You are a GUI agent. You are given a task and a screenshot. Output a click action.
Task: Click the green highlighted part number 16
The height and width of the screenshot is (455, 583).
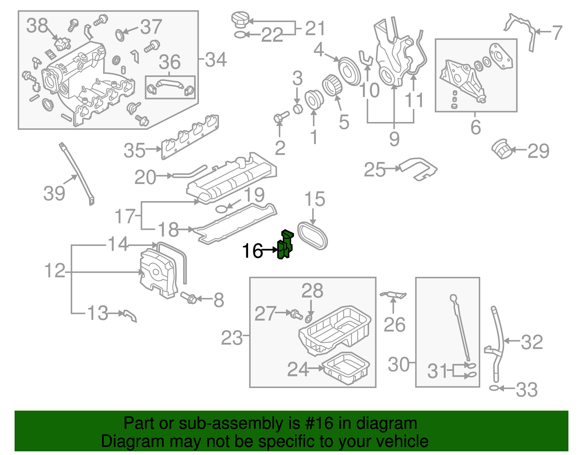[285, 245]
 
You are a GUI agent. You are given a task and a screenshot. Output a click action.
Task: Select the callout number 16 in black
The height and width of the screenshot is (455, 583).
[252, 251]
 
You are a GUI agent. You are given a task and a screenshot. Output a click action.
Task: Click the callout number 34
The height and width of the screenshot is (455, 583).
[216, 59]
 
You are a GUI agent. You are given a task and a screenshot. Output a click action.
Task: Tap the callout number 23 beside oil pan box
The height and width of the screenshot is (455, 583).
[232, 338]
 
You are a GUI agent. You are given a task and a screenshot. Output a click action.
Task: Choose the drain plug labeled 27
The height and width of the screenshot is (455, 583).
[295, 314]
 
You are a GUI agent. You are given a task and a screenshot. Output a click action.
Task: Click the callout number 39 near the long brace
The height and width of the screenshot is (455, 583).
[54, 193]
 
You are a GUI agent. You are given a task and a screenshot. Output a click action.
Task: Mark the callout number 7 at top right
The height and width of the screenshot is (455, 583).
[557, 33]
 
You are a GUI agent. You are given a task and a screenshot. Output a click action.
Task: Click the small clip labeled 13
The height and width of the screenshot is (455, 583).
[130, 315]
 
